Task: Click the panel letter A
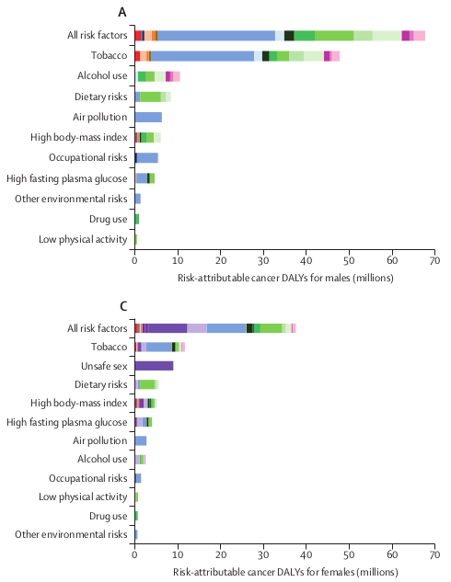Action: click(x=122, y=12)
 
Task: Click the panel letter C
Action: click(x=123, y=306)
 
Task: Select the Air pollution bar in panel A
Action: click(x=148, y=118)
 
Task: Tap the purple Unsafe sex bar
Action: click(x=155, y=366)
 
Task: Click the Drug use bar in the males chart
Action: click(x=137, y=219)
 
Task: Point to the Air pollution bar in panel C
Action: click(x=141, y=440)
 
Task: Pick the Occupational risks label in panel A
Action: click(x=88, y=157)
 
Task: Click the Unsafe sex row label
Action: click(x=104, y=366)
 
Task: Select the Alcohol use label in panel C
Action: click(x=102, y=459)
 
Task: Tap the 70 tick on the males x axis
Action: click(x=434, y=260)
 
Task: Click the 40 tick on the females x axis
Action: click(x=306, y=554)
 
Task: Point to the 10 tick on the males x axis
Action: click(x=178, y=260)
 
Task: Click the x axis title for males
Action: click(x=285, y=278)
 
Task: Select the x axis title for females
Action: click(x=285, y=572)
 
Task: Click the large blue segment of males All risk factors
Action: click(x=216, y=36)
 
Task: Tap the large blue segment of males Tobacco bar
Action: click(x=202, y=56)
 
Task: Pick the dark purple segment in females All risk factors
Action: click(x=168, y=328)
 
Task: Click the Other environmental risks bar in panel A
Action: click(x=138, y=199)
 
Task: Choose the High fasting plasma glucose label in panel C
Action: click(x=67, y=422)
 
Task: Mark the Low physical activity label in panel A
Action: click(x=83, y=239)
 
